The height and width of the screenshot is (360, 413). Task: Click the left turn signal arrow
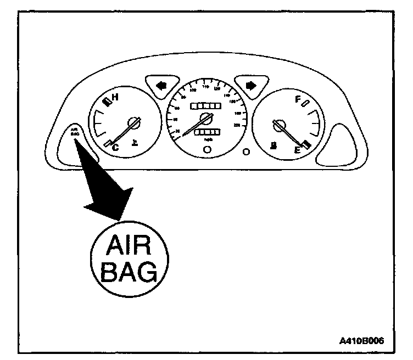160,86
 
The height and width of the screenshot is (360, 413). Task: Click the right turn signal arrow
251,86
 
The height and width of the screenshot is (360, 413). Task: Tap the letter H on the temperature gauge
115,98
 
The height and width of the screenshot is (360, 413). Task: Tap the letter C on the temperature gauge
115,147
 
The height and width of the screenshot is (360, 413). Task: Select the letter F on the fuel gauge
297,100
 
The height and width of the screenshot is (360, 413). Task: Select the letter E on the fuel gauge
297,149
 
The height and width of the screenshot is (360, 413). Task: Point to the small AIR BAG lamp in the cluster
75,132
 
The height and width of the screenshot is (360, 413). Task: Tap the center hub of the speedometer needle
206,117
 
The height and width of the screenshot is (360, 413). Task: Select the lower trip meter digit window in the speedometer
206,133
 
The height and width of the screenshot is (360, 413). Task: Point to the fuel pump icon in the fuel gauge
272,145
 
